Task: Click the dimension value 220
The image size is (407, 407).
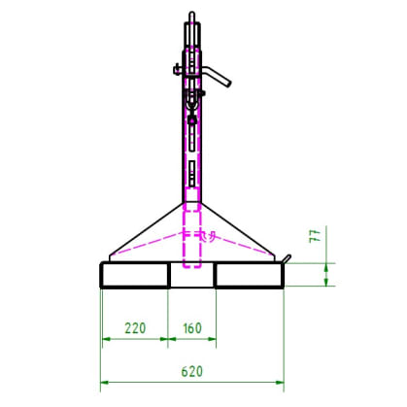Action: click(135, 328)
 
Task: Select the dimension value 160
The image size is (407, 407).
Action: click(192, 328)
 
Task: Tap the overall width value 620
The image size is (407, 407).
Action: click(192, 371)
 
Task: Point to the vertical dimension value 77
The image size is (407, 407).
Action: click(315, 236)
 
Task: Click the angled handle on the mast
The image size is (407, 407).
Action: click(217, 76)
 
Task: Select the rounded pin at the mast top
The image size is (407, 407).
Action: click(192, 17)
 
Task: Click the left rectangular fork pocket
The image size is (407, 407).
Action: click(135, 275)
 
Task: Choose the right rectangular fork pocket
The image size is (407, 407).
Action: click(250, 275)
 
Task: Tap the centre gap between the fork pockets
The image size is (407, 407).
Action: click(191, 275)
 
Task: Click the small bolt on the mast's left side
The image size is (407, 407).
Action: click(178, 69)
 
